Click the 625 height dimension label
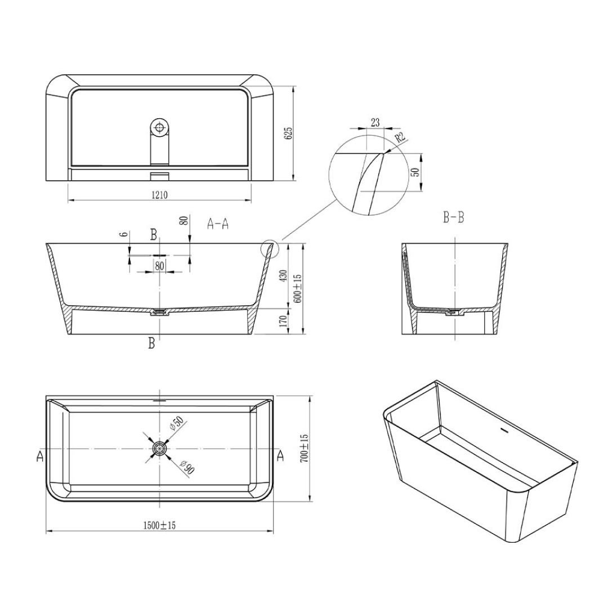(x=289, y=133)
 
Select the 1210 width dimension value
(x=159, y=194)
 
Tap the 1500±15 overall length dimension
(x=160, y=525)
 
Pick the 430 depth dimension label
(x=284, y=275)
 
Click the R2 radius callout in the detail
(x=400, y=137)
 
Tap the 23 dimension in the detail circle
(x=375, y=122)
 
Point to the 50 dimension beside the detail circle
(x=415, y=172)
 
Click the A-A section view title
(x=218, y=224)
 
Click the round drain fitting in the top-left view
(x=160, y=127)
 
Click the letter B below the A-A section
(x=151, y=343)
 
